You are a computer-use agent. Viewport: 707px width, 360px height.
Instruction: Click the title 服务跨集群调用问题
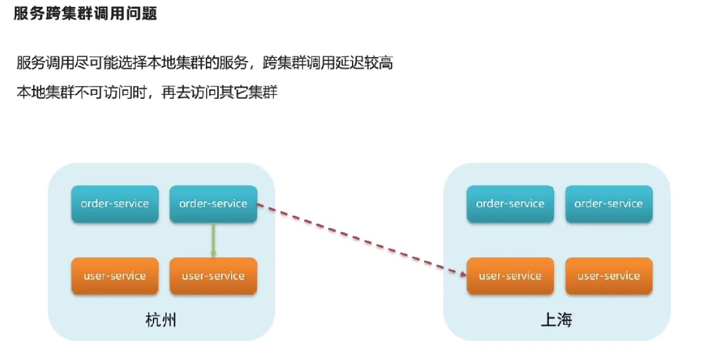[85, 14]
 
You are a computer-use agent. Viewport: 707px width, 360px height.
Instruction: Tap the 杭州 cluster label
[161, 320]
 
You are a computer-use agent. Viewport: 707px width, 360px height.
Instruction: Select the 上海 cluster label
[556, 320]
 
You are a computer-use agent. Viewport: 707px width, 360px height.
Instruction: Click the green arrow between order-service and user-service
[213, 240]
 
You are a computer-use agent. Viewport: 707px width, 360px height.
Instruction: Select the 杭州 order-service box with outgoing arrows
[213, 204]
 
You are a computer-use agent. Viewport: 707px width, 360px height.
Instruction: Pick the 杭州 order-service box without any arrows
[115, 204]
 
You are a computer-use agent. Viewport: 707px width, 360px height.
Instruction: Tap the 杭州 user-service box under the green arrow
[213, 276]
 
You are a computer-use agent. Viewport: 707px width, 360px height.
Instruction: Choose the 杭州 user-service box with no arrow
[115, 276]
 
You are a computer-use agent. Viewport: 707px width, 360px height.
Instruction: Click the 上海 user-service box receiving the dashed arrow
[510, 276]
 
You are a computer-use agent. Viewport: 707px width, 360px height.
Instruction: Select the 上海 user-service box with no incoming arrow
[609, 276]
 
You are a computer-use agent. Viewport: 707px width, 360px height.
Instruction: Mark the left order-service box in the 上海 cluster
[510, 204]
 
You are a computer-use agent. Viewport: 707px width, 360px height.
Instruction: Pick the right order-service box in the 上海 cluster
[609, 204]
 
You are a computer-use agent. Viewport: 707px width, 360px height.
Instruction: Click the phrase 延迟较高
[364, 62]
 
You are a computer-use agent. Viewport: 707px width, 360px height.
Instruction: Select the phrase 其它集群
[248, 92]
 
